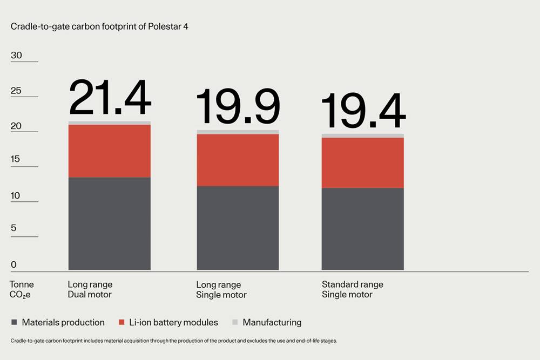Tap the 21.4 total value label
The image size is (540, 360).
point(110,98)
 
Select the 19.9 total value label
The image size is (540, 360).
point(238,106)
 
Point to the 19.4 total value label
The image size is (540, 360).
point(363,112)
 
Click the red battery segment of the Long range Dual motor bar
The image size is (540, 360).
point(110,151)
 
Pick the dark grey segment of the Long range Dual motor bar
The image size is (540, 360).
point(110,223)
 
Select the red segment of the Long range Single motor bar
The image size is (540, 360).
point(238,160)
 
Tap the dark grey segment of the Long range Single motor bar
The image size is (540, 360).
point(238,228)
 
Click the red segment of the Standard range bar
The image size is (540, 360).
point(363,162)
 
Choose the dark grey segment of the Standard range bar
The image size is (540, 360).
point(363,229)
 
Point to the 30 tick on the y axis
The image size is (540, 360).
point(16,56)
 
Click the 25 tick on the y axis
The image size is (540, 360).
point(16,91)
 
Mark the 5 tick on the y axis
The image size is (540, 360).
point(13,228)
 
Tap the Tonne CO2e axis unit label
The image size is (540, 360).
point(22,289)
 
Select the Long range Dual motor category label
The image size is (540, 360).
point(90,289)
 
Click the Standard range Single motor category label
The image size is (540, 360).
point(352,289)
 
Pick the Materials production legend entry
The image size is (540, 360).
point(58,322)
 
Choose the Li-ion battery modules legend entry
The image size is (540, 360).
point(168,322)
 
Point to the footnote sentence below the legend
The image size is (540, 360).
point(174,341)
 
